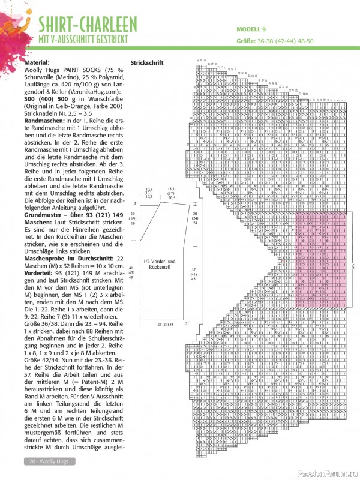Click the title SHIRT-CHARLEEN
click(x=88, y=25)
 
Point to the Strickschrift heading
click(x=146, y=62)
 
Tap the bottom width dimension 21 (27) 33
click(x=161, y=324)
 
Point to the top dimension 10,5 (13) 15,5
click(x=149, y=210)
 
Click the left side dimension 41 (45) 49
click(x=132, y=272)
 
